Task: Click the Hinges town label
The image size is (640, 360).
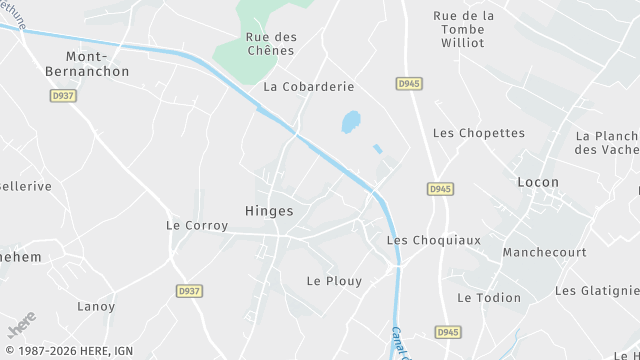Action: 269,211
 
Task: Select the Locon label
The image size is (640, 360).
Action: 538,182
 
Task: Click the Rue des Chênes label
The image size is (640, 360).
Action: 270,44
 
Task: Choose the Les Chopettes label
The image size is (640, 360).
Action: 478,133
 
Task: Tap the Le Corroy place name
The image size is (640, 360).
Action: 197,226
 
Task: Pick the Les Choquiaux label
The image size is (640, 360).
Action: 433,240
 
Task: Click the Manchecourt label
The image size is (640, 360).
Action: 544,253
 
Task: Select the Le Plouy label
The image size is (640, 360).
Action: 327,281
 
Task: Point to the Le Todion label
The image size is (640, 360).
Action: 489,297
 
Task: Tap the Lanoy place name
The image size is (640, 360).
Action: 96,306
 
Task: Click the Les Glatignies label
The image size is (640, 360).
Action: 597,291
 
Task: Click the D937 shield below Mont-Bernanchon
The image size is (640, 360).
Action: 62,96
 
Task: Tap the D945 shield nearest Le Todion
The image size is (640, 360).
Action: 447,331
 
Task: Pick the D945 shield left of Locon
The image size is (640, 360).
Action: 440,188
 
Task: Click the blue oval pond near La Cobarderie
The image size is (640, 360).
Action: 351,122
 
